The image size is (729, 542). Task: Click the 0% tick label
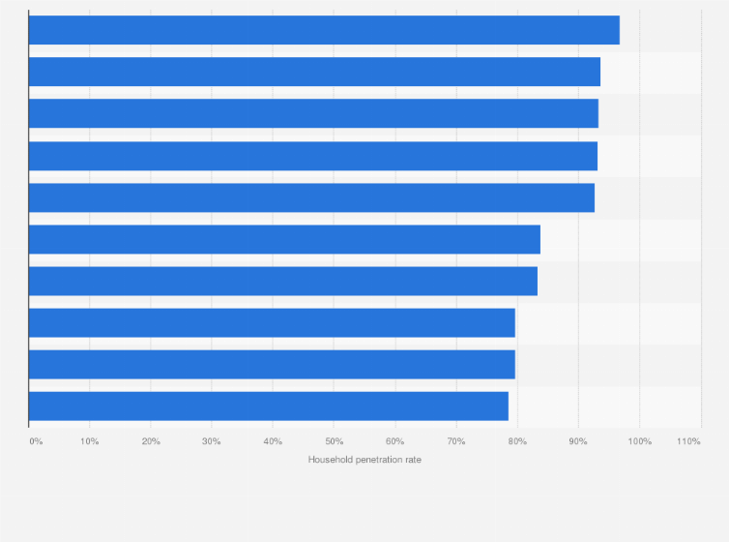tap(35, 441)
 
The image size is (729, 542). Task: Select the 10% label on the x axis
tap(89, 441)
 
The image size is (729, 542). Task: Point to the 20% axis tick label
tap(151, 441)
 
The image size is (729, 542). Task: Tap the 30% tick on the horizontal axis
tap(212, 441)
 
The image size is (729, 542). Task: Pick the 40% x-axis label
tap(273, 441)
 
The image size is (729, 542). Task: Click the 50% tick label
tap(334, 441)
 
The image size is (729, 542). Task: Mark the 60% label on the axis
tap(394, 441)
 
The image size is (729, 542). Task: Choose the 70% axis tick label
tap(455, 441)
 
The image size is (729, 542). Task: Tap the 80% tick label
tap(516, 441)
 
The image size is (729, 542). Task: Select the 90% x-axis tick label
tap(578, 441)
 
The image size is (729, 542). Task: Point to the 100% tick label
tap(639, 441)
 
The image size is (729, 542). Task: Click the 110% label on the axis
tap(688, 441)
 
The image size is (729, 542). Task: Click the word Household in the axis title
tap(332, 460)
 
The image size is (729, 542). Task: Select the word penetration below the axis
tap(383, 460)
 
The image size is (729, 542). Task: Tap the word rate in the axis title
tap(414, 460)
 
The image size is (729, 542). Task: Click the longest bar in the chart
tap(324, 30)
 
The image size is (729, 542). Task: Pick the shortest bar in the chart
tap(269, 406)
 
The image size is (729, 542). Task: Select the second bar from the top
tap(314, 72)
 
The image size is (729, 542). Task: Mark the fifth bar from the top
tap(311, 197)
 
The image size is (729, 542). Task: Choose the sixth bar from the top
tap(284, 239)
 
